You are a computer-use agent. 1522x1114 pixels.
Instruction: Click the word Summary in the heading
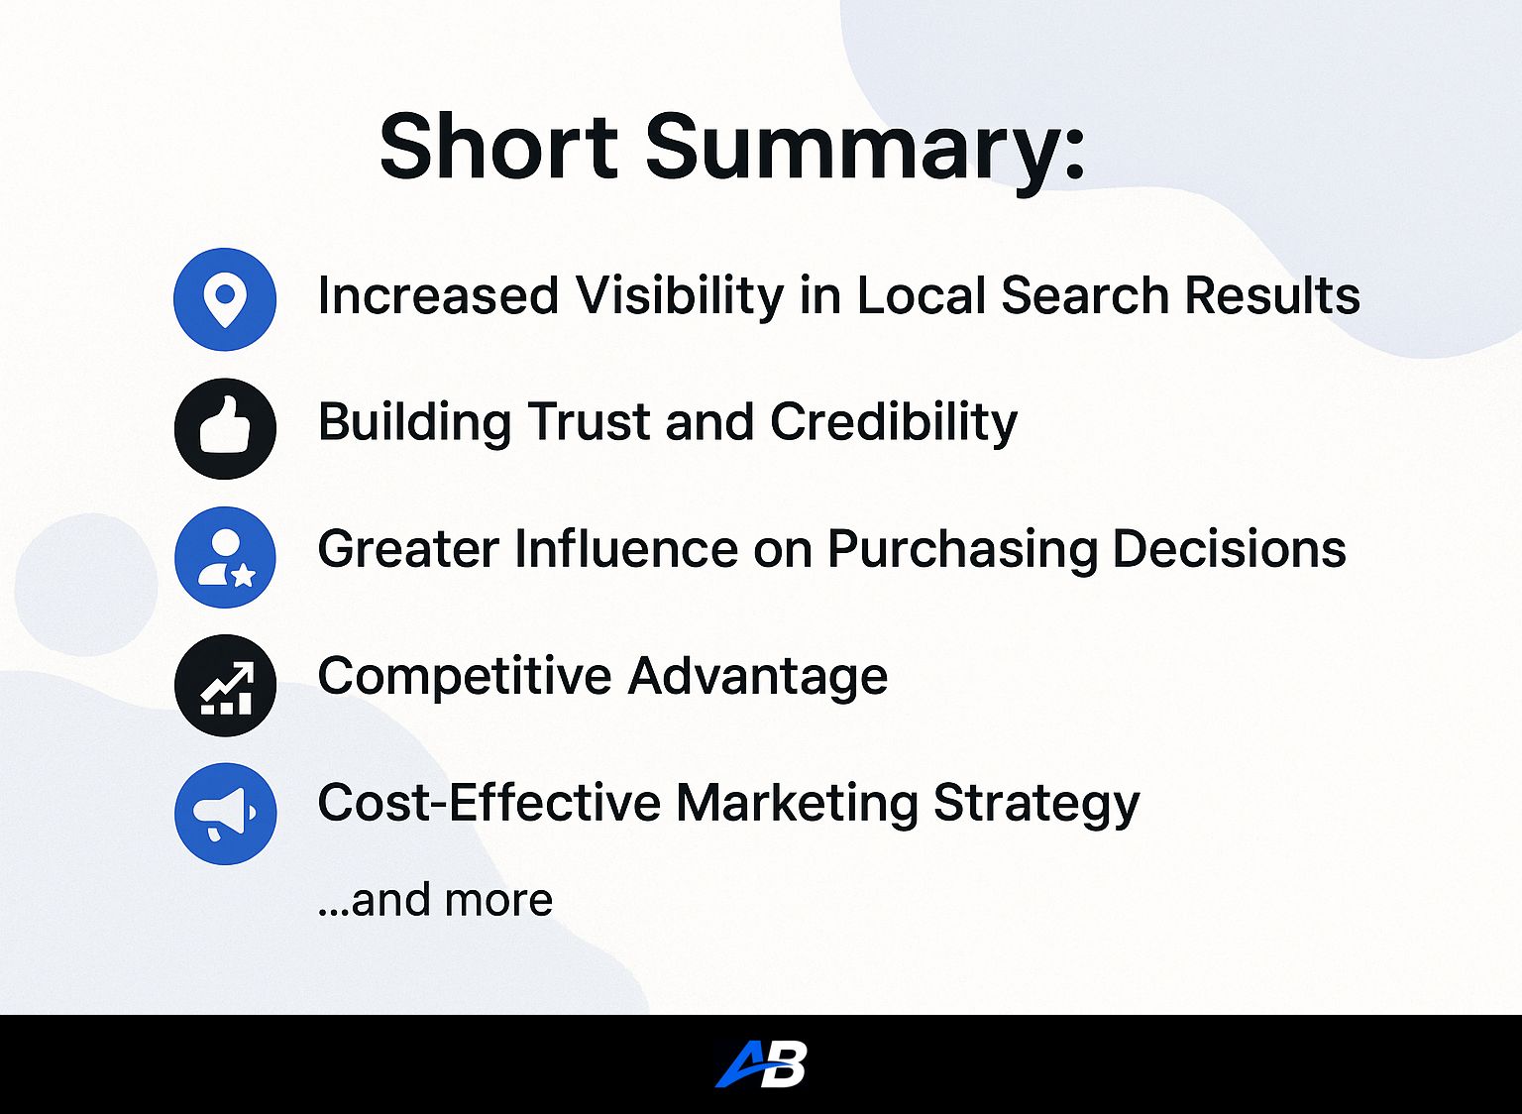(x=852, y=153)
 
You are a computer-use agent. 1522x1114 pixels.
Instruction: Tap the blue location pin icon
(x=225, y=299)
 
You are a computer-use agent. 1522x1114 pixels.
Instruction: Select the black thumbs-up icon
(x=225, y=428)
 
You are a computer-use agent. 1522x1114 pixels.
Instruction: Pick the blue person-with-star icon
(x=225, y=557)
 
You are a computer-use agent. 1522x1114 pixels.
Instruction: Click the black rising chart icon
(x=225, y=685)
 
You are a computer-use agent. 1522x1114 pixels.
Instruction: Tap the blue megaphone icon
(x=225, y=814)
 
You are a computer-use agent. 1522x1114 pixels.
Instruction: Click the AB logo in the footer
(x=761, y=1063)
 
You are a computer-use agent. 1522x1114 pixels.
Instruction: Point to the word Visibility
(x=680, y=297)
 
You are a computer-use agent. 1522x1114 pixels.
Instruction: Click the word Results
(x=1272, y=295)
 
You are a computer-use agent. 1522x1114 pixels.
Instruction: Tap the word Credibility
(x=894, y=424)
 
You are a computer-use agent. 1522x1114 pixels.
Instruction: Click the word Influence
(x=626, y=548)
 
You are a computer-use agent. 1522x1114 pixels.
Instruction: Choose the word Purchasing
(x=962, y=551)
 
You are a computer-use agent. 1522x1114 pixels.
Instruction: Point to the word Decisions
(x=1229, y=548)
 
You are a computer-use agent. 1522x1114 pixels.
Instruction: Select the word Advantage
(x=758, y=678)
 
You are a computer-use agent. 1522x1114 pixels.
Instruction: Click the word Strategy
(x=1036, y=805)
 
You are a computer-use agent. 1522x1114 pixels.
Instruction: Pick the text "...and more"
(x=436, y=899)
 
